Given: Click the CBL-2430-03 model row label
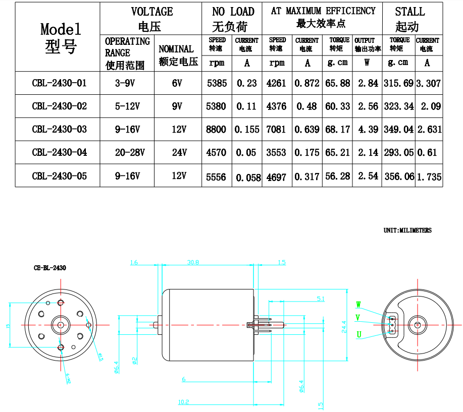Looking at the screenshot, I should pos(59,130).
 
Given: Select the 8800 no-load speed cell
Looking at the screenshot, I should pos(217,130).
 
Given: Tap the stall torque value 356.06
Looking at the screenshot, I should pos(399,176).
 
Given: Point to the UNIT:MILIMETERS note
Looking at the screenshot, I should pos(407,230).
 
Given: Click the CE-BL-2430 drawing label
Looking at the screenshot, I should pos(46,268).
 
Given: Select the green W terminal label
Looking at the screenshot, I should pos(358,305).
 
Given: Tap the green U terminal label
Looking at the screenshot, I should pos(359,334).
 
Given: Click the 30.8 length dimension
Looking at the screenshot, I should pos(193,262).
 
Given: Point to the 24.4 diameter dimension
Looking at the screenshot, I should pos(344,326).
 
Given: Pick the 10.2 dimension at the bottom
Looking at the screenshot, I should pos(183,402).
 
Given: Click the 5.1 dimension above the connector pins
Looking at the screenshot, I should pos(321,299).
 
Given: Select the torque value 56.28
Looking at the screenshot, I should pos(337,176).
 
